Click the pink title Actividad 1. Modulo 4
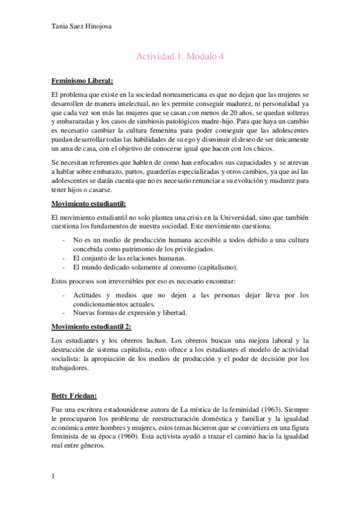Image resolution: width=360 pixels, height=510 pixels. [x=180, y=57]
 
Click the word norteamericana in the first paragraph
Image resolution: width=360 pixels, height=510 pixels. [x=177, y=95]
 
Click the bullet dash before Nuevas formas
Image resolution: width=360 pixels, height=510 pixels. [x=64, y=313]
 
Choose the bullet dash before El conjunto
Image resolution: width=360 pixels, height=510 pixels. [x=64, y=258]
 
